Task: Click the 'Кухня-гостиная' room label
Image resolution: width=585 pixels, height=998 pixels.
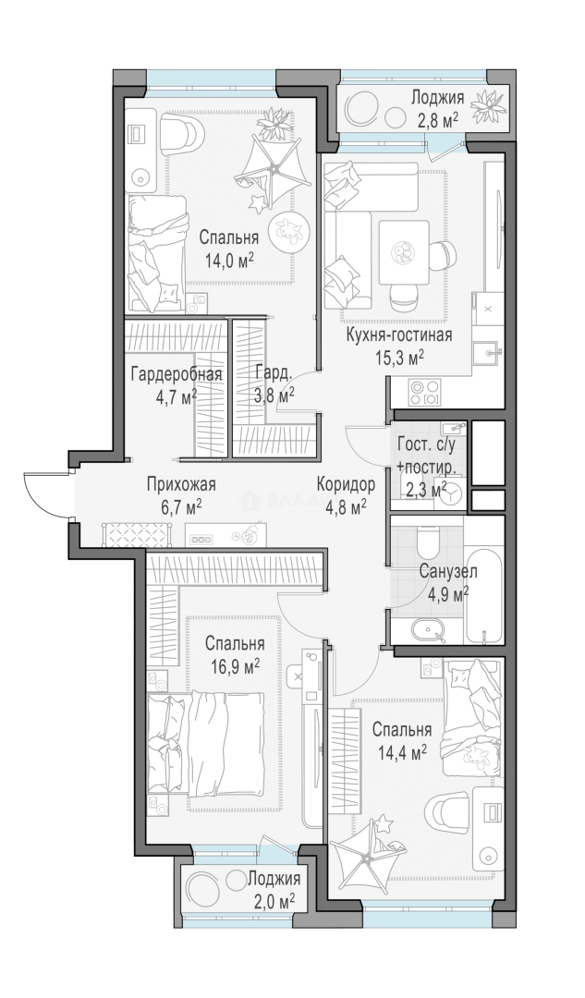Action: tap(398, 335)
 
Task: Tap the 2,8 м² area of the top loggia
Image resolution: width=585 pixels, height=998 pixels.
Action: tap(436, 119)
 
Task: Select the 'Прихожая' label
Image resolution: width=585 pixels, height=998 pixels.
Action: tap(181, 484)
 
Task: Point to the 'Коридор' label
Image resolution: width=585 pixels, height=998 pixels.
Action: tap(347, 484)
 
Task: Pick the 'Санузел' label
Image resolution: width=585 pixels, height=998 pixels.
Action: tap(448, 572)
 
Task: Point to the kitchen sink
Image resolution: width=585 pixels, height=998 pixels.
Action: tap(488, 351)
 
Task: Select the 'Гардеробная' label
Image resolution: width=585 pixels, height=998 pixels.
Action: tap(177, 374)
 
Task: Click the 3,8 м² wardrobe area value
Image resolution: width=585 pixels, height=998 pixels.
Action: tap(274, 396)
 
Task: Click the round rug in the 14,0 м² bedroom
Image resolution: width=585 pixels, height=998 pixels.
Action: tap(285, 232)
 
